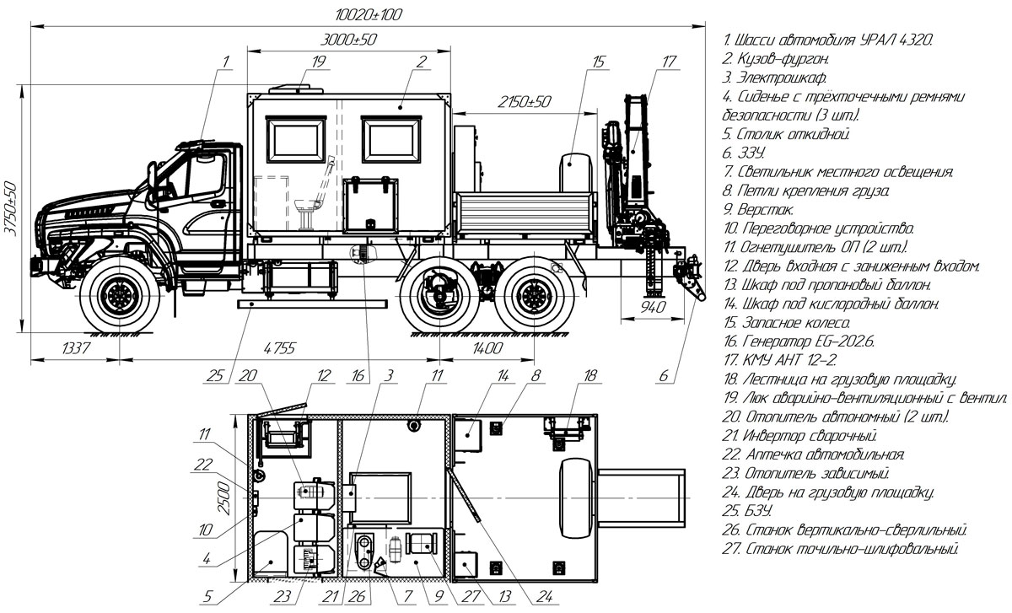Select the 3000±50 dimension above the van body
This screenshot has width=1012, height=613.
(349, 40)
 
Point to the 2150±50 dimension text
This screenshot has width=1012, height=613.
(524, 101)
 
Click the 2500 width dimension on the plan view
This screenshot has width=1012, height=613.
(222, 497)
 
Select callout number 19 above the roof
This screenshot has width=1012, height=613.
(318, 61)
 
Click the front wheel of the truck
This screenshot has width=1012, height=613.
(121, 295)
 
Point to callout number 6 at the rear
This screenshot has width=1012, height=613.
(667, 376)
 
